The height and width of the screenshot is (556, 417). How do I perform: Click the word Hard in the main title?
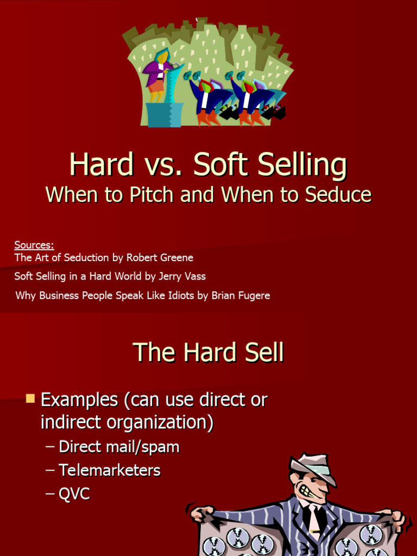click(x=101, y=165)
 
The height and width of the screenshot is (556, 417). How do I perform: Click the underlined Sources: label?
click(x=34, y=245)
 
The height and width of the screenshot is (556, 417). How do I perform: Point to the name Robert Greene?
click(x=160, y=257)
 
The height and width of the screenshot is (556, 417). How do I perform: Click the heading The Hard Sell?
click(x=208, y=353)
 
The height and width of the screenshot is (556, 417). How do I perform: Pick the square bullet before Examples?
click(x=30, y=400)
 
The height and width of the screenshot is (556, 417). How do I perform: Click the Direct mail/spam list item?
click(x=119, y=447)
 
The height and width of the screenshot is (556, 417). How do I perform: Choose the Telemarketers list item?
click(x=110, y=470)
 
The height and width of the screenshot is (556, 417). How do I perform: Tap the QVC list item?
click(x=74, y=494)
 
